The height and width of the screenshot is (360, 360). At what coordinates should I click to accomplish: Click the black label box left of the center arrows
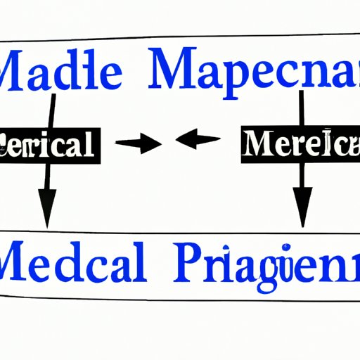47,147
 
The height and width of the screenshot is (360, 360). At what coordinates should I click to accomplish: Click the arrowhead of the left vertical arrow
47,215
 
